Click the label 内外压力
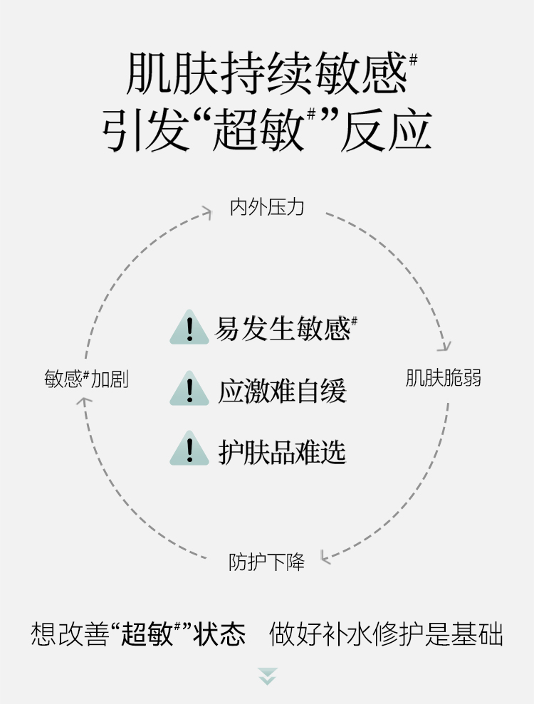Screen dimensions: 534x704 (x=267, y=207)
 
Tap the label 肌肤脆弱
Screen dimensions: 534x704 (x=443, y=377)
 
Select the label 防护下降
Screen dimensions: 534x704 (x=266, y=562)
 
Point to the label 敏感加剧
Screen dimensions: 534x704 (x=86, y=378)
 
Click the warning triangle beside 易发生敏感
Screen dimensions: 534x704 (x=189, y=328)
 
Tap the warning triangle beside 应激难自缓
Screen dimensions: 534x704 (x=189, y=389)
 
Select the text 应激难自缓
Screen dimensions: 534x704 (x=282, y=391)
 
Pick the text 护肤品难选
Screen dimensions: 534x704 (x=282, y=451)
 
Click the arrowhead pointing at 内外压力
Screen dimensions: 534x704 (x=206, y=211)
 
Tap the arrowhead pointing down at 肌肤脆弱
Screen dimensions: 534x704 (x=444, y=346)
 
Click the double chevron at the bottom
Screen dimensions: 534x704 (x=267, y=676)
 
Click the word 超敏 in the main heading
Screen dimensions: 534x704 (x=259, y=131)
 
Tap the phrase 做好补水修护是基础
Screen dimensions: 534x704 (x=386, y=634)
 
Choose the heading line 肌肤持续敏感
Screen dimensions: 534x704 (x=267, y=74)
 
